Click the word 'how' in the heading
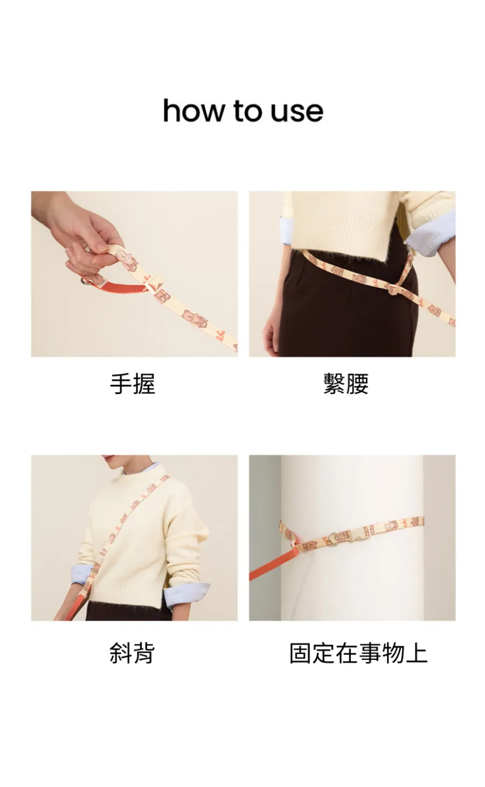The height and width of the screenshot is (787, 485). [193, 110]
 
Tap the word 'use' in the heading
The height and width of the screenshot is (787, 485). [296, 112]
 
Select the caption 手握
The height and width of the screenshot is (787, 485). [132, 384]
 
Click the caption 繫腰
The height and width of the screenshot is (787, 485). [346, 384]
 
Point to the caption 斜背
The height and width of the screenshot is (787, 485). [132, 653]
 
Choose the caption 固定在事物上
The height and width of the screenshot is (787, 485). [358, 653]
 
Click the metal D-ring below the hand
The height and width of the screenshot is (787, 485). [86, 280]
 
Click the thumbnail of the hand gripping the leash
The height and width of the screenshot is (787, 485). [134, 274]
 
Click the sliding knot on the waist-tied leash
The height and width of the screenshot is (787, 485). [392, 289]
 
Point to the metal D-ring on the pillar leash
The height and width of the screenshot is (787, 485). [332, 537]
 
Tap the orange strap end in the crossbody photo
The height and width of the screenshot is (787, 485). [73, 604]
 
